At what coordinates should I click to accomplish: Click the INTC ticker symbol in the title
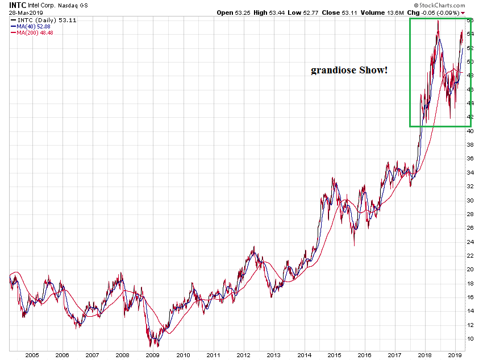tap(18, 5)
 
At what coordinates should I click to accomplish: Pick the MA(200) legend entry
tap(32, 33)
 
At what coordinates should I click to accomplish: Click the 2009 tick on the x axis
tap(152, 355)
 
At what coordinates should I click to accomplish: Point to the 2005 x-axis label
tap(31, 355)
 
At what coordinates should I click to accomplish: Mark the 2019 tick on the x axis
tap(455, 355)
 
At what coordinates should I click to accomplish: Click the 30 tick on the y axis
tap(470, 200)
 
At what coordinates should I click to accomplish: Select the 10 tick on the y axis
tap(470, 339)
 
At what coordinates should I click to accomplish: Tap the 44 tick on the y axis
tap(470, 103)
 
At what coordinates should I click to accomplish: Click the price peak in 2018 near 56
tap(438, 21)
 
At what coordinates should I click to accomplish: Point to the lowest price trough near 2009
tap(151, 346)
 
